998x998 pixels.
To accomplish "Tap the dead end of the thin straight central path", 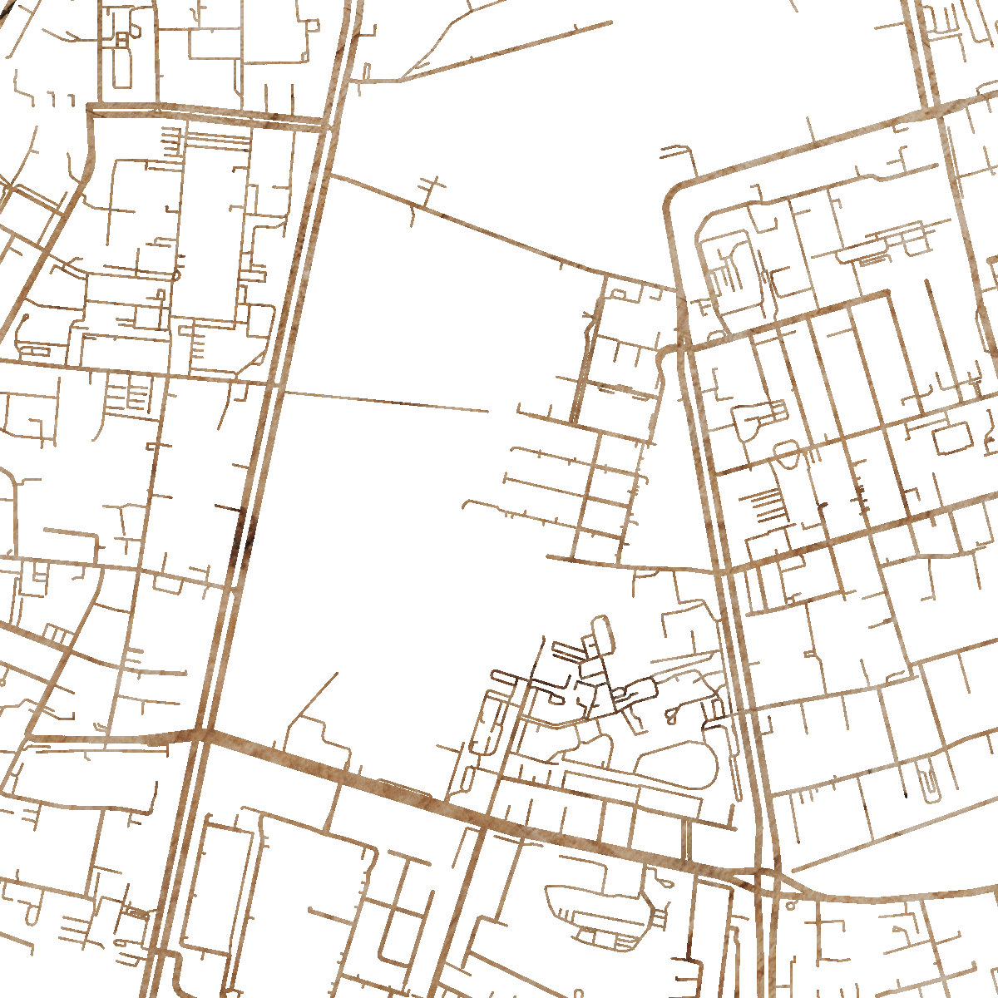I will [x=488, y=411].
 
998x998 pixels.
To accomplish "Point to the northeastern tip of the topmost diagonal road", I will [x=611, y=22].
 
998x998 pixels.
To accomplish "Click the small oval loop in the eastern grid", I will [x=786, y=452].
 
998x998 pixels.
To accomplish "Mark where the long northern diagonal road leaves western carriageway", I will [x=330, y=175].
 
